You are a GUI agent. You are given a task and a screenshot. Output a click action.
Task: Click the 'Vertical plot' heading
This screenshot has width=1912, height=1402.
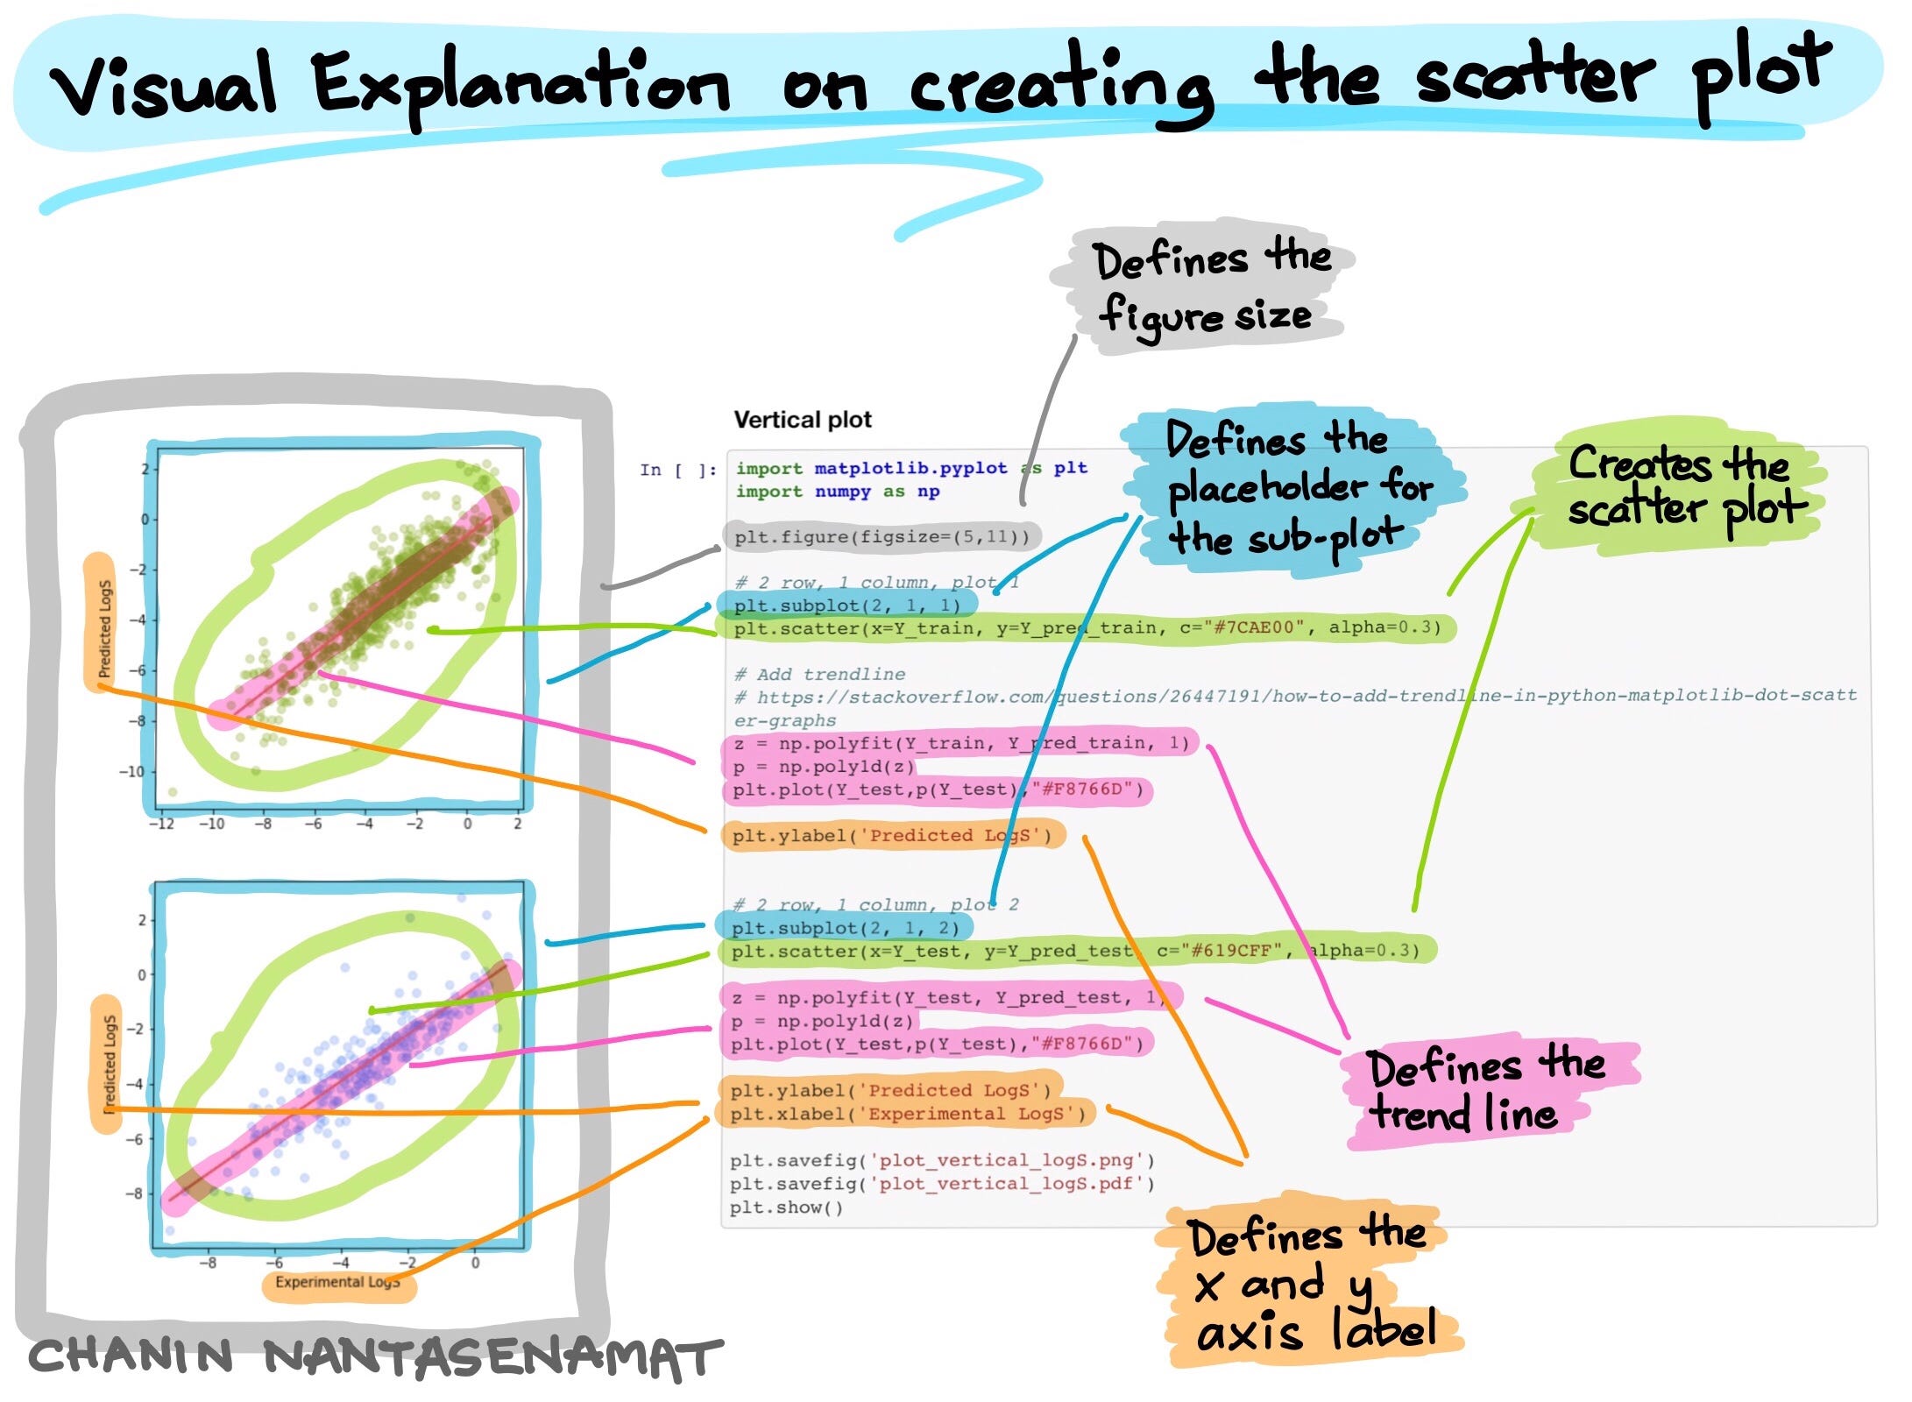click(802, 420)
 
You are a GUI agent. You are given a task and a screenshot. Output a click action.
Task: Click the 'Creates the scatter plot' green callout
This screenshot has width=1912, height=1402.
click(1678, 486)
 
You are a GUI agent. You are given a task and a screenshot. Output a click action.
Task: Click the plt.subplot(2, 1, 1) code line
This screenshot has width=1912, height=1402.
click(846, 605)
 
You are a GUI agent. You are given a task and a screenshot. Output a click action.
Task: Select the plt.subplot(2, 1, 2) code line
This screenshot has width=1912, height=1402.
click(845, 927)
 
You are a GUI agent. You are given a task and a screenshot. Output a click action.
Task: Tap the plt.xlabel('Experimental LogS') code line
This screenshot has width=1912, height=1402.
click(907, 1114)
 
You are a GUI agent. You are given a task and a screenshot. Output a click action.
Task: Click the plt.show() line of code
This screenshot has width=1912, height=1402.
click(786, 1207)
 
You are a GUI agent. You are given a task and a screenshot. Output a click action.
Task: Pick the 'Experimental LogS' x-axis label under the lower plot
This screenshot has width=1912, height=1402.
click(338, 1283)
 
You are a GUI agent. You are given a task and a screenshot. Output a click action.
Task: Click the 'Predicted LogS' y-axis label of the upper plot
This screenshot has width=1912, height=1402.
click(104, 628)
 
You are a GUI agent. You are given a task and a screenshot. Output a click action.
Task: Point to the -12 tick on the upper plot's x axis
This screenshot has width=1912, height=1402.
click(161, 825)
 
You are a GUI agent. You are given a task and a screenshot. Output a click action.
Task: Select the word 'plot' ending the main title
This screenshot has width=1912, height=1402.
click(1761, 74)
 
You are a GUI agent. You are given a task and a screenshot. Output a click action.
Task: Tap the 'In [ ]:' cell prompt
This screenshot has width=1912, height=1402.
click(677, 470)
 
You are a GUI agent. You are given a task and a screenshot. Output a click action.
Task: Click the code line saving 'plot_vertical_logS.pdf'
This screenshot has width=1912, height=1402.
click(942, 1184)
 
